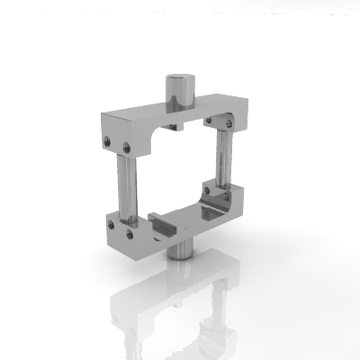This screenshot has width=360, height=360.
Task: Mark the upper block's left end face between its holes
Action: click(x=118, y=144)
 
